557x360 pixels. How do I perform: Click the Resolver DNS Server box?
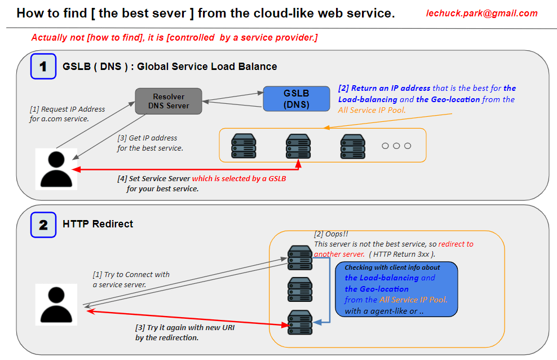(168, 101)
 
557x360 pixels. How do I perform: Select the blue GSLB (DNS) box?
(296, 98)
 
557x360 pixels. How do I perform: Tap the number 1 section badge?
(43, 66)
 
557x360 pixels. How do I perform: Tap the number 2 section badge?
(43, 224)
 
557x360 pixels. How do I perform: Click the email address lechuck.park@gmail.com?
(481, 14)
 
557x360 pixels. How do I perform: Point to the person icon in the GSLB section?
(56, 169)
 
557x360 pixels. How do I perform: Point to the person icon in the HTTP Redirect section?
(56, 304)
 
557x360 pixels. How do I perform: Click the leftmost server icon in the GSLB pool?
(244, 146)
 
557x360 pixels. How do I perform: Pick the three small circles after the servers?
(396, 146)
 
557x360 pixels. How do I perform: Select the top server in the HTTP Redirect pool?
(299, 257)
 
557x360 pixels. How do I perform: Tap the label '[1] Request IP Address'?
(67, 109)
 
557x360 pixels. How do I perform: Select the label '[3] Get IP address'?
(147, 138)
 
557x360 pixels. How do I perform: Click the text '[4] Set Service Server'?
(154, 179)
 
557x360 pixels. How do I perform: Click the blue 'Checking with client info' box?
(396, 289)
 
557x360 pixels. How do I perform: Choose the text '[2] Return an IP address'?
(384, 88)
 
